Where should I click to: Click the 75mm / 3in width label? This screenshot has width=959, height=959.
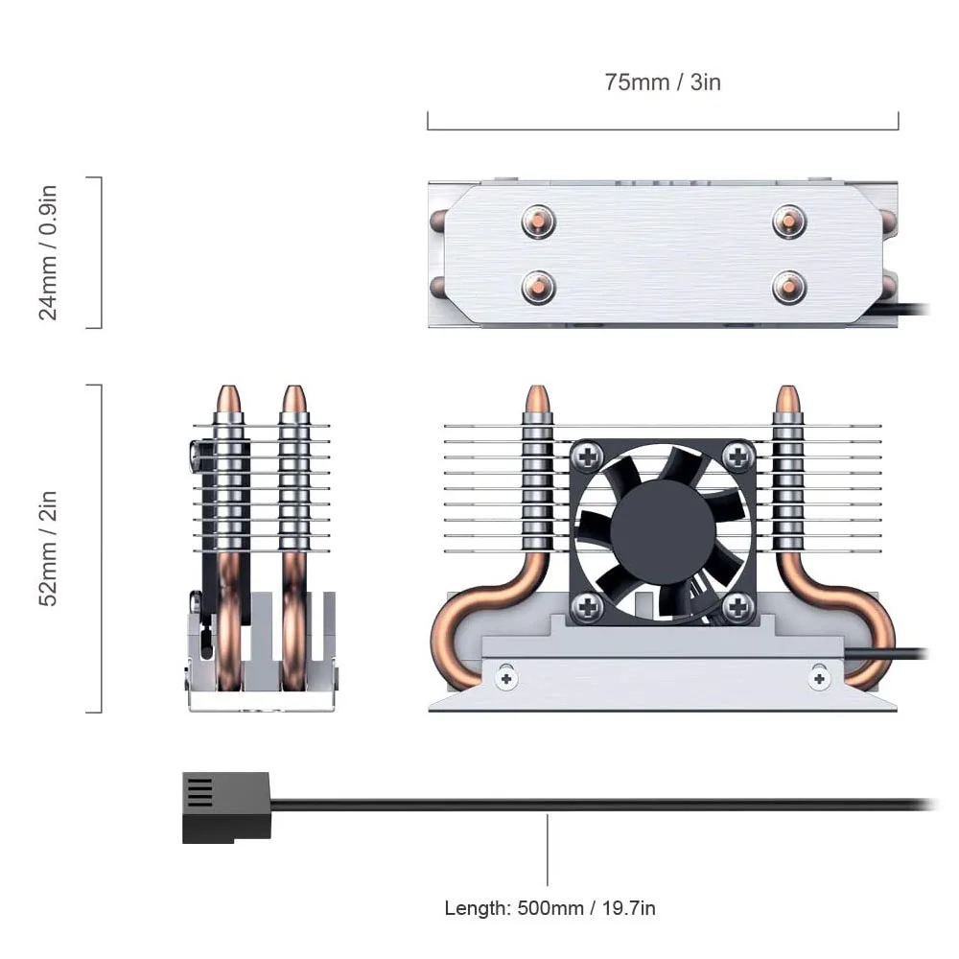pos(662,82)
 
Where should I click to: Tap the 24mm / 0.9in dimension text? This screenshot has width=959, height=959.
pos(49,252)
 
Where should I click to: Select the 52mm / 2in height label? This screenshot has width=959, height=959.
pos(49,548)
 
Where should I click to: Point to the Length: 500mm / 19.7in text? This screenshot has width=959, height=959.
pos(550,907)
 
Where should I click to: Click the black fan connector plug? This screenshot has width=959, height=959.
pos(226,808)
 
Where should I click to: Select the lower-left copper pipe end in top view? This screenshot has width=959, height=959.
pos(539,286)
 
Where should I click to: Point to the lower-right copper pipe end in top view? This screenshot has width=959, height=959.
pos(789,286)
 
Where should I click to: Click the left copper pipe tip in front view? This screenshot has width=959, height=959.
pos(538,400)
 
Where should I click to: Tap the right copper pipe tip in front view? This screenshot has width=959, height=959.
pos(788,400)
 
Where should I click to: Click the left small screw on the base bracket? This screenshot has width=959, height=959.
pos(505,677)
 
